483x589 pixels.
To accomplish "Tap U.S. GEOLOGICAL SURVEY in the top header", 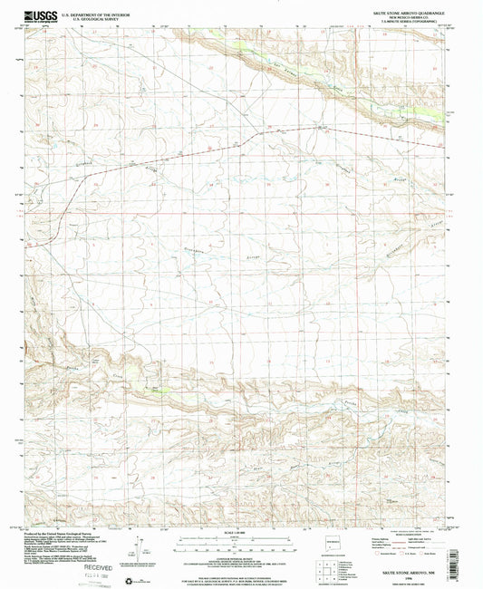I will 96,16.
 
